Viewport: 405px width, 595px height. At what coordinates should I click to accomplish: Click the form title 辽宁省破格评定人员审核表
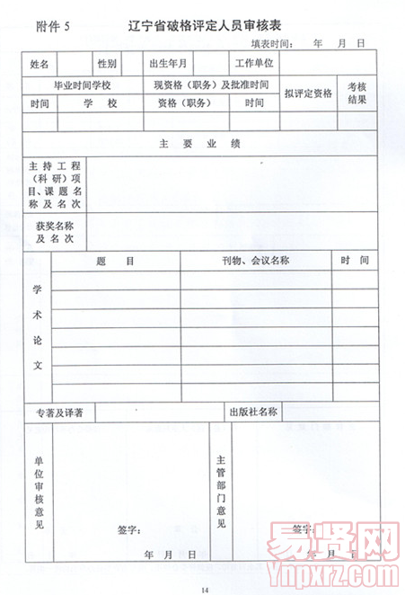point(212,26)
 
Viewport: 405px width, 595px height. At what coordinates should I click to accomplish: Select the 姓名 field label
point(40,64)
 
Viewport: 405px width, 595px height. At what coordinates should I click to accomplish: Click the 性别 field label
point(108,64)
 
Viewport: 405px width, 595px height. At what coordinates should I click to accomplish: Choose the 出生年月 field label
point(168,64)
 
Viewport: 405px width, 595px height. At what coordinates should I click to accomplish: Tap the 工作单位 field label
point(253,64)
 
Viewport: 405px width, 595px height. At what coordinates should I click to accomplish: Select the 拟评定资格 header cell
point(308,93)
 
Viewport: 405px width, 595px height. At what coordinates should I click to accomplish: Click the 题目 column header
point(116,261)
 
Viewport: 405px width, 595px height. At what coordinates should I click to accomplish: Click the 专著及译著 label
point(59,413)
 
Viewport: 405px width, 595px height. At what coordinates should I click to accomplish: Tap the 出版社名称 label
point(255,413)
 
